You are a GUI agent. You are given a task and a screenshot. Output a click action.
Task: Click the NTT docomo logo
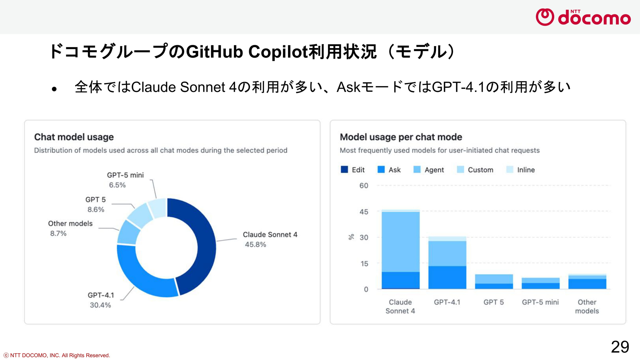click(x=583, y=17)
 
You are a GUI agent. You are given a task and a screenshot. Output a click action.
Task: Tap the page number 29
click(x=620, y=347)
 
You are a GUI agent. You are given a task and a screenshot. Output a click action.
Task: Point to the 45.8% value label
click(x=255, y=244)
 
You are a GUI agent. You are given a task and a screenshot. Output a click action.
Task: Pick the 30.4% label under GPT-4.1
click(x=100, y=305)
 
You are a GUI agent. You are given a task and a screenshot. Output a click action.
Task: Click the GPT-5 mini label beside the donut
click(x=125, y=175)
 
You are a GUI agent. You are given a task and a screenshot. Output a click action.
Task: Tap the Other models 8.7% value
click(x=58, y=233)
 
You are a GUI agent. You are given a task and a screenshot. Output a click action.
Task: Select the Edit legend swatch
click(x=344, y=170)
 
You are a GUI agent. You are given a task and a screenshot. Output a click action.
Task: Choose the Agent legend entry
click(x=429, y=170)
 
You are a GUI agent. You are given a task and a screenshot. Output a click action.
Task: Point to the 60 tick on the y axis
click(x=364, y=186)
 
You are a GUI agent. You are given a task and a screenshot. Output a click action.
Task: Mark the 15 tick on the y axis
click(x=364, y=264)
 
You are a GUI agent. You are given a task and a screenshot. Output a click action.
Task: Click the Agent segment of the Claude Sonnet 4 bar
click(x=401, y=242)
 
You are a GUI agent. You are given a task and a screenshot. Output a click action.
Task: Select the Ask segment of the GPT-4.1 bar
click(x=447, y=277)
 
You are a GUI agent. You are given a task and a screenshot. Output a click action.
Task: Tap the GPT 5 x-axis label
click(x=494, y=302)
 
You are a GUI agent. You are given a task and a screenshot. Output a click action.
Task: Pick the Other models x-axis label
click(x=587, y=306)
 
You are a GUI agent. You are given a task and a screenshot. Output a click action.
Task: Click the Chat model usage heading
click(x=74, y=137)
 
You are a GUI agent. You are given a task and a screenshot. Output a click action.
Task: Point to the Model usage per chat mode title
click(x=401, y=137)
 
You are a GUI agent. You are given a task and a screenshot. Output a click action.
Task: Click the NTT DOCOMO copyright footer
click(x=57, y=355)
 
